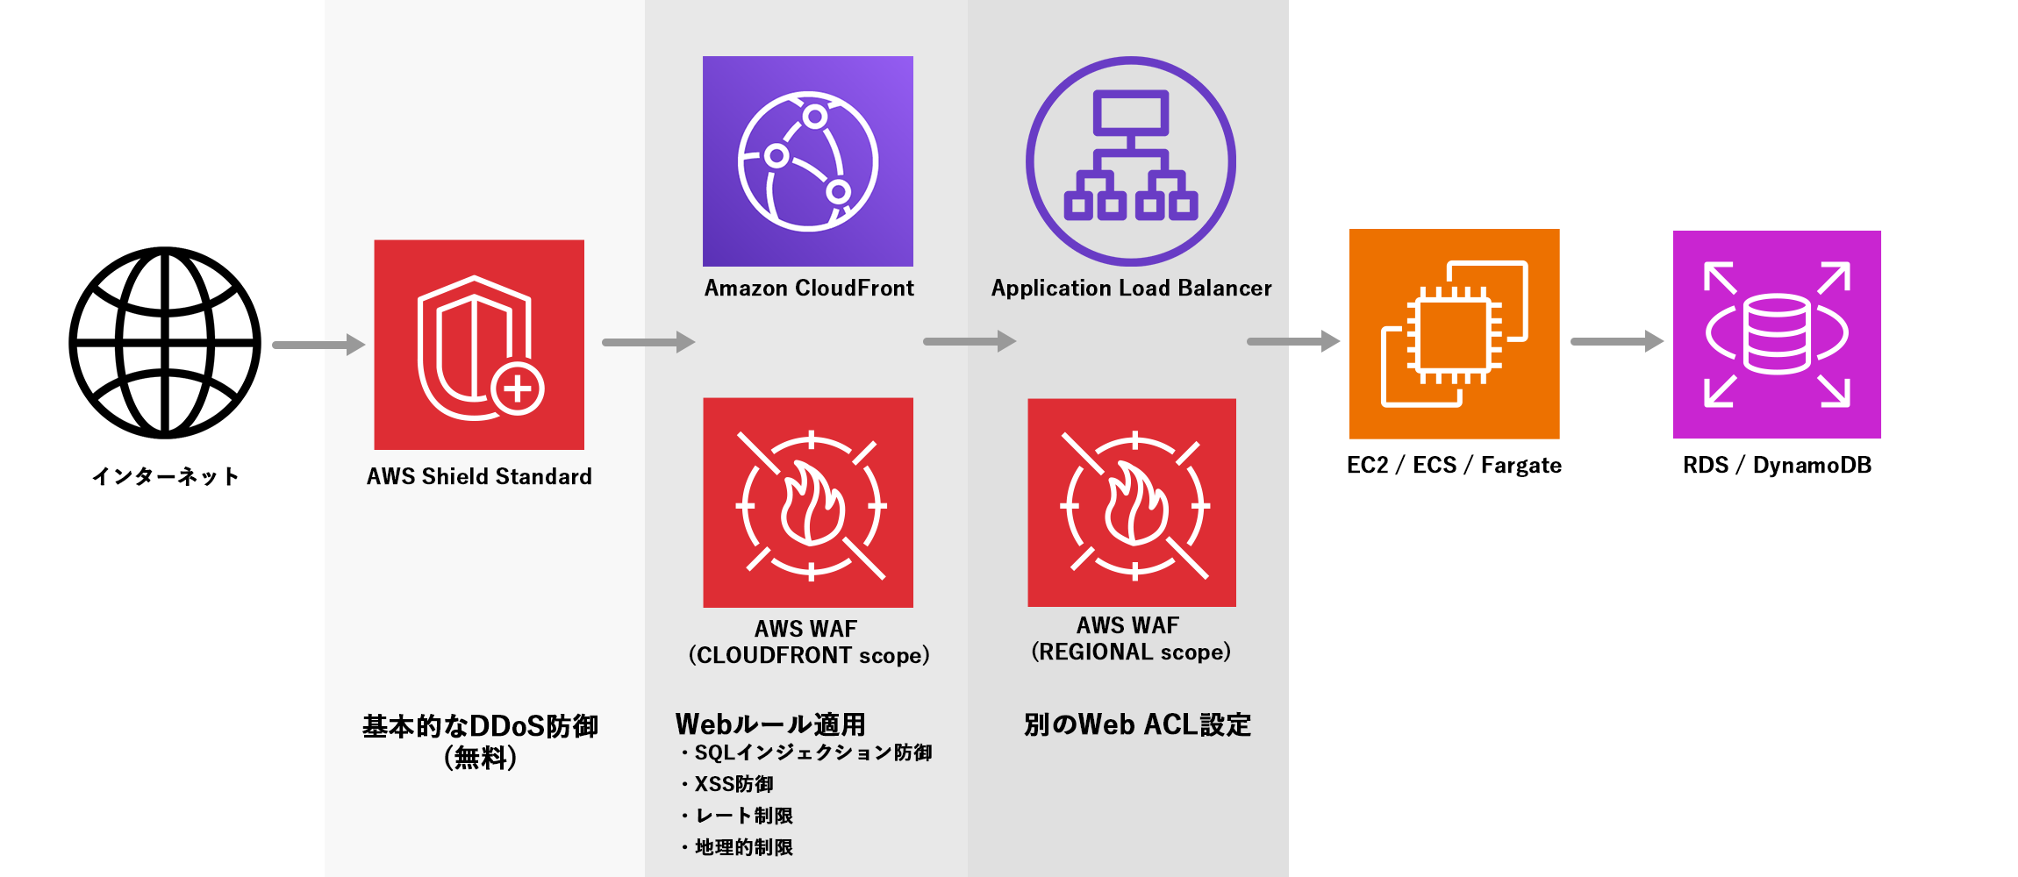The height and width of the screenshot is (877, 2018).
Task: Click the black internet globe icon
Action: [165, 342]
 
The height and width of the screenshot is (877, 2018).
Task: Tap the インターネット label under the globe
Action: [165, 476]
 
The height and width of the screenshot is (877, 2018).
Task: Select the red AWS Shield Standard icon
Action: [479, 345]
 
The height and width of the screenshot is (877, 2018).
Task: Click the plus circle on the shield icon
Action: [518, 388]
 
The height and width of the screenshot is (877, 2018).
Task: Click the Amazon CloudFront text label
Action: [809, 289]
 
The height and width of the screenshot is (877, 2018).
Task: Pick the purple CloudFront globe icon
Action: [808, 161]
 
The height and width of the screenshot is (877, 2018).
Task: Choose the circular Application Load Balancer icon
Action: [1131, 161]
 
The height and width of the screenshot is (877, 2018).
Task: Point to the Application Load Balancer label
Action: [1131, 289]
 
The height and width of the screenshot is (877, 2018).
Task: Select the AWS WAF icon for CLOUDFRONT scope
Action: [808, 503]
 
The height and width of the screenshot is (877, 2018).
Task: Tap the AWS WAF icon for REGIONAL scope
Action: [1132, 503]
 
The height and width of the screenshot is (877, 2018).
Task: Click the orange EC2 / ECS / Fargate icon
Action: [1454, 334]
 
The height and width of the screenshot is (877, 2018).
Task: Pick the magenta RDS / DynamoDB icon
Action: [1777, 334]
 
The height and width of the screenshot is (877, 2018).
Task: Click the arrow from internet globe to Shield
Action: [318, 345]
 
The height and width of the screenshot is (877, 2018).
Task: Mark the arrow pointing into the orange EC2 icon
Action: [1293, 341]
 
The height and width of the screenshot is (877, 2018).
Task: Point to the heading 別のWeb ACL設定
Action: [1137, 724]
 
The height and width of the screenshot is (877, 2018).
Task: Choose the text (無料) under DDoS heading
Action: [480, 757]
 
